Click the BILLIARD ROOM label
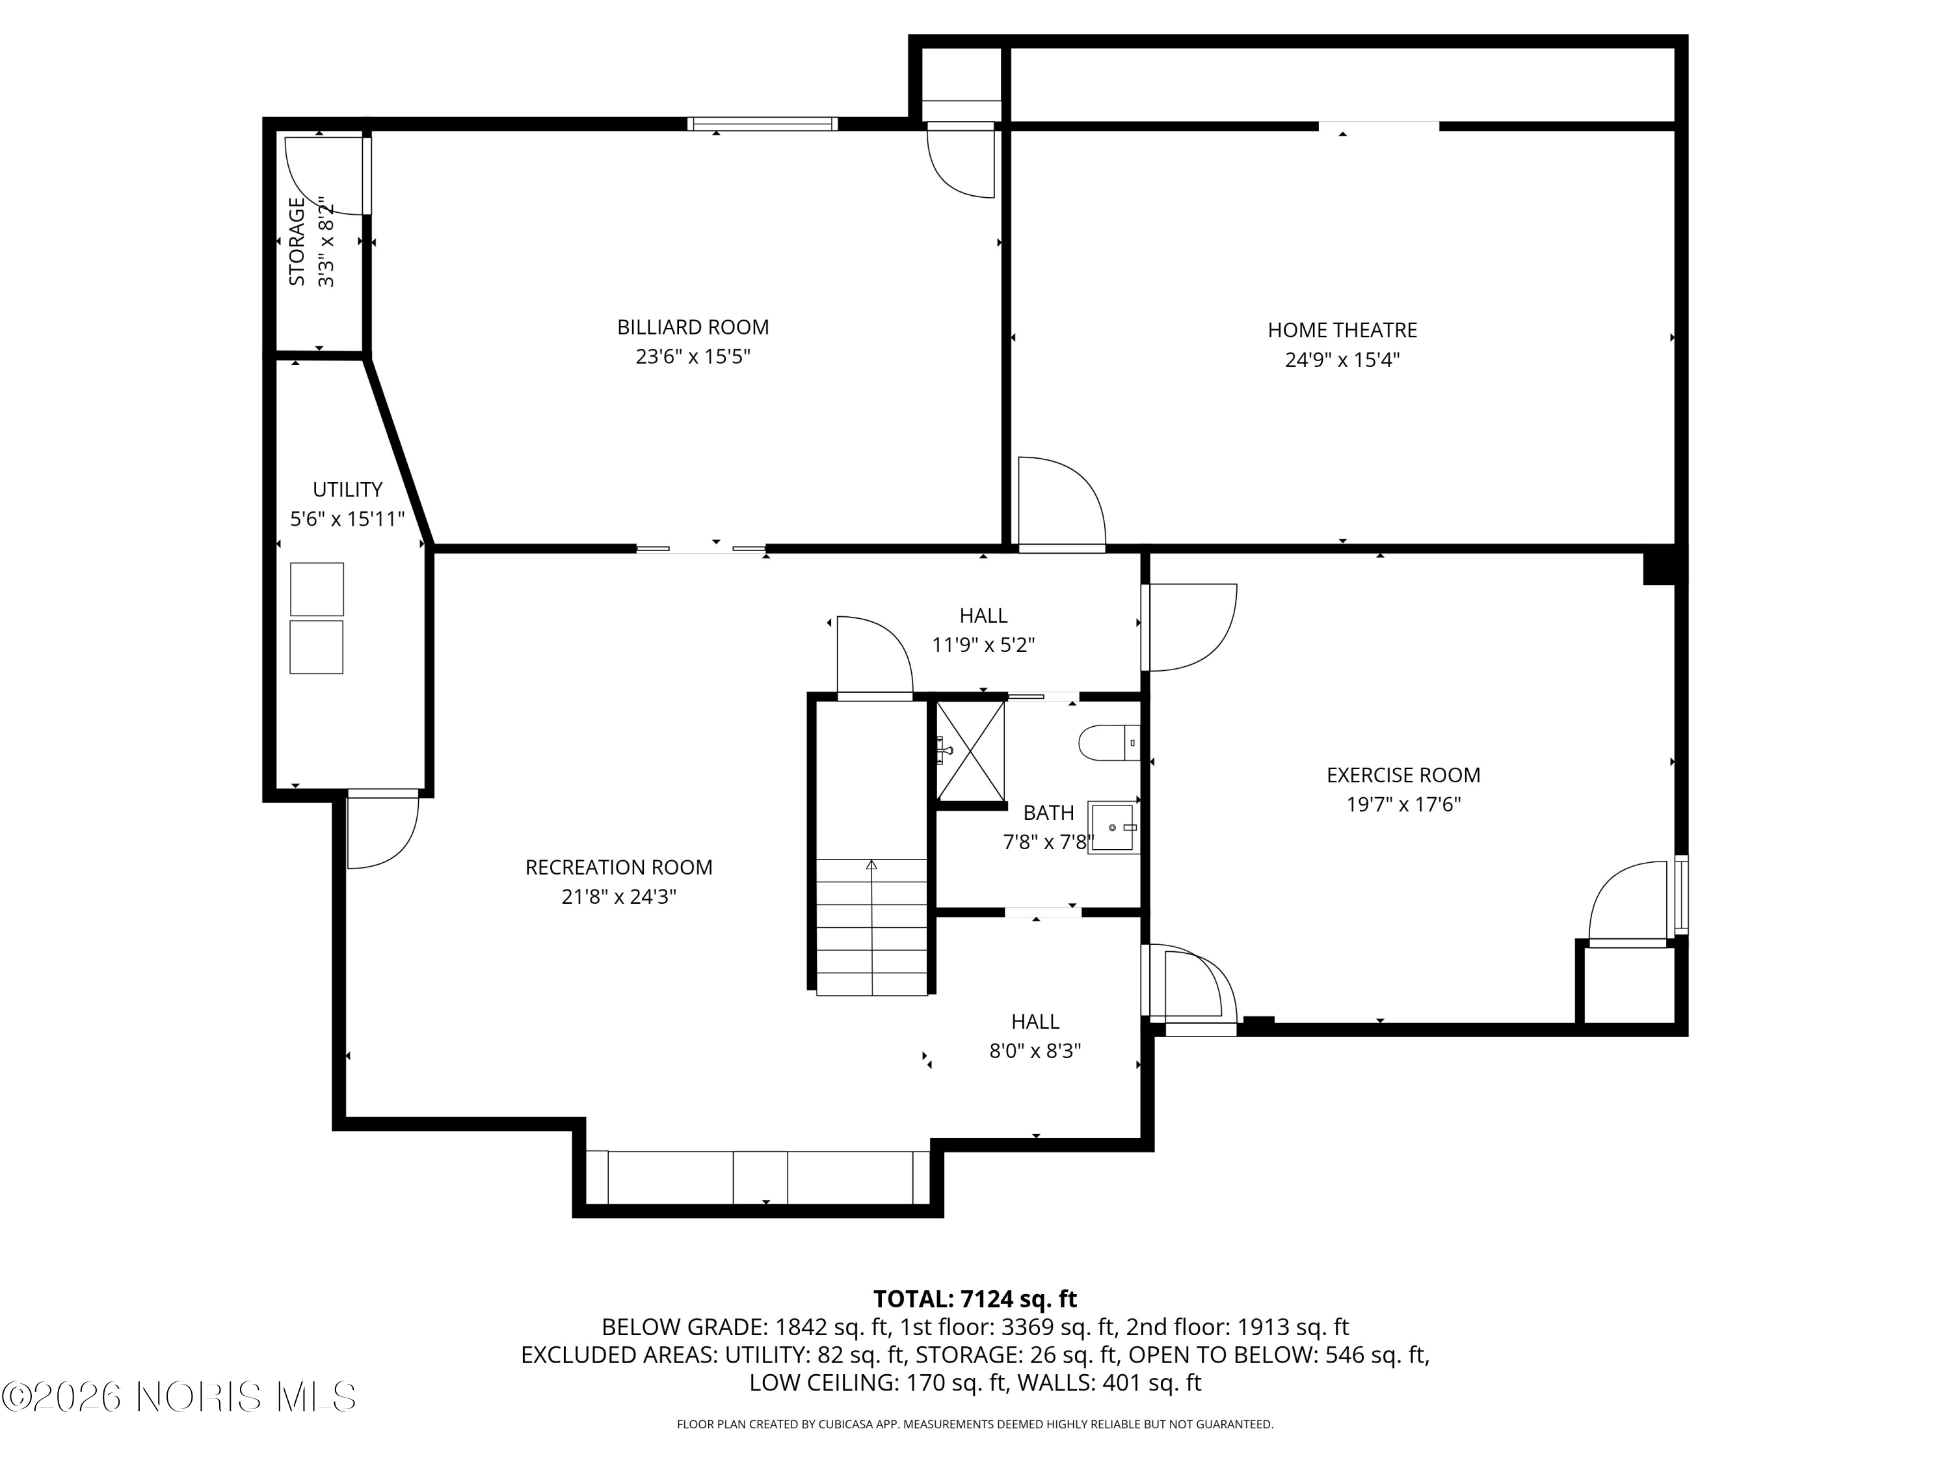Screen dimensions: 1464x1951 (x=693, y=327)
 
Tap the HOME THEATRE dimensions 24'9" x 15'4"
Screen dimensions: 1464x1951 (x=1342, y=360)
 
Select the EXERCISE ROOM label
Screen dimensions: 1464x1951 (x=1402, y=775)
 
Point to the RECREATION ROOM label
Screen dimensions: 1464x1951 (x=618, y=867)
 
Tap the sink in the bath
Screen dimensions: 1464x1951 (x=1111, y=827)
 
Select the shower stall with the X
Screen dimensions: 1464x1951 (x=970, y=750)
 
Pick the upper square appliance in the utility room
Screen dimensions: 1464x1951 (x=317, y=589)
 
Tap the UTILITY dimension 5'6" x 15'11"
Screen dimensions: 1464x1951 (x=347, y=519)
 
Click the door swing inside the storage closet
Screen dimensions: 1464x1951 (x=322, y=175)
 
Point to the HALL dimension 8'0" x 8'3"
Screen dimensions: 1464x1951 (x=1035, y=1051)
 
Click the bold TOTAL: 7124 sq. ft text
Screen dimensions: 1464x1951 (x=975, y=1298)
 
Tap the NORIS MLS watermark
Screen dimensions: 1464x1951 (x=180, y=1397)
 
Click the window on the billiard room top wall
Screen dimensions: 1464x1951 (x=762, y=124)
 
